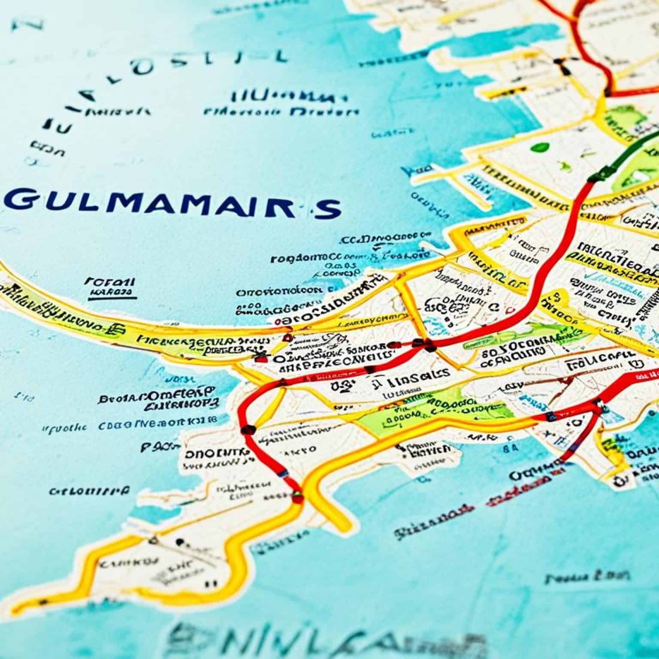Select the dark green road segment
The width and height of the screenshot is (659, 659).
point(626,154)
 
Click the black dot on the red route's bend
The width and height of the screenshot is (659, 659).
point(248,429)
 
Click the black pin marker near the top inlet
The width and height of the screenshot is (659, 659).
point(559,64)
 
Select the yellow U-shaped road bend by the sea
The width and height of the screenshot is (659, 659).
point(335,506)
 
